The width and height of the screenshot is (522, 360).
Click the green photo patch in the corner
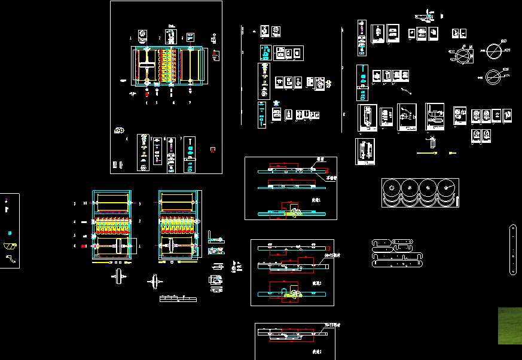(x=509, y=326)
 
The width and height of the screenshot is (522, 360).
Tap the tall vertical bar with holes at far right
(x=513, y=249)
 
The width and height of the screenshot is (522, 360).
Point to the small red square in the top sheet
(x=213, y=150)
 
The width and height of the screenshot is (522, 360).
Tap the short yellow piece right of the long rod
(x=452, y=153)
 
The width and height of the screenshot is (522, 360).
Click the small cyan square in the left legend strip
(x=8, y=233)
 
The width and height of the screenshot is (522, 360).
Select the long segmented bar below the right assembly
(x=178, y=298)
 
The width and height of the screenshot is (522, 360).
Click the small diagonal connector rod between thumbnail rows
(x=406, y=91)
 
